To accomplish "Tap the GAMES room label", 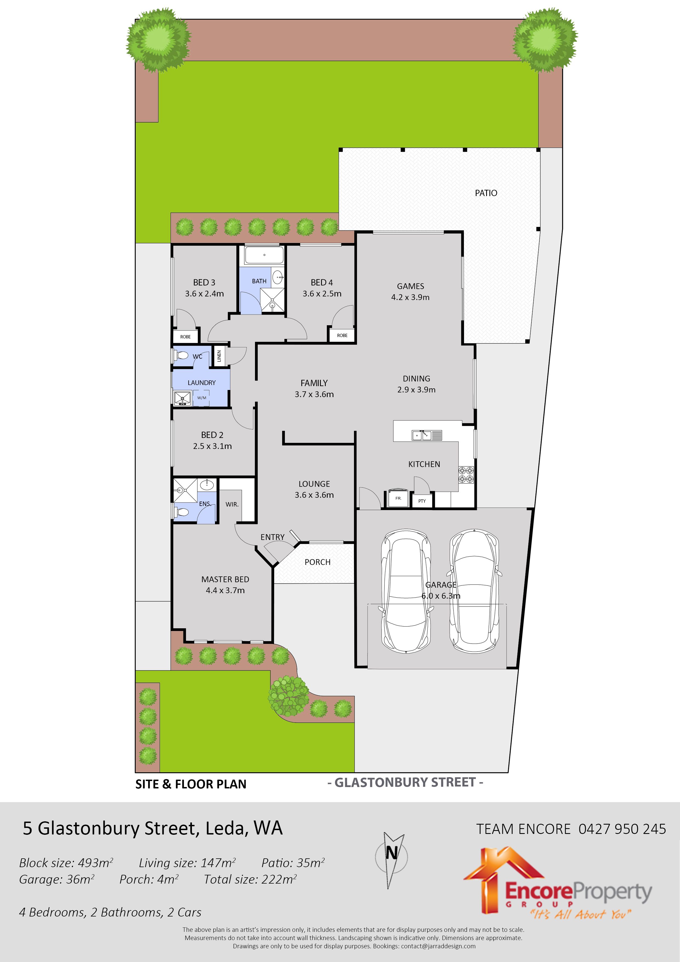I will click(x=410, y=287).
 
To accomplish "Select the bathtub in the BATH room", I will click(x=264, y=255).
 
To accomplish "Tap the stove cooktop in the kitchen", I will click(x=466, y=474).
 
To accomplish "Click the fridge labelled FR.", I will click(x=398, y=498).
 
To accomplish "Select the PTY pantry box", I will click(x=422, y=501).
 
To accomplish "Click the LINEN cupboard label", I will click(x=219, y=356).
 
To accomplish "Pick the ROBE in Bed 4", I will click(x=342, y=335).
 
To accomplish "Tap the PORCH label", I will click(x=317, y=562).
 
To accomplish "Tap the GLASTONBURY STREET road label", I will click(x=405, y=783).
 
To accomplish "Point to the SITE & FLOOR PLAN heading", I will click(x=191, y=784).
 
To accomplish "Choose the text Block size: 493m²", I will click(x=66, y=863).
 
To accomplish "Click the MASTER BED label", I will click(x=225, y=579).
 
